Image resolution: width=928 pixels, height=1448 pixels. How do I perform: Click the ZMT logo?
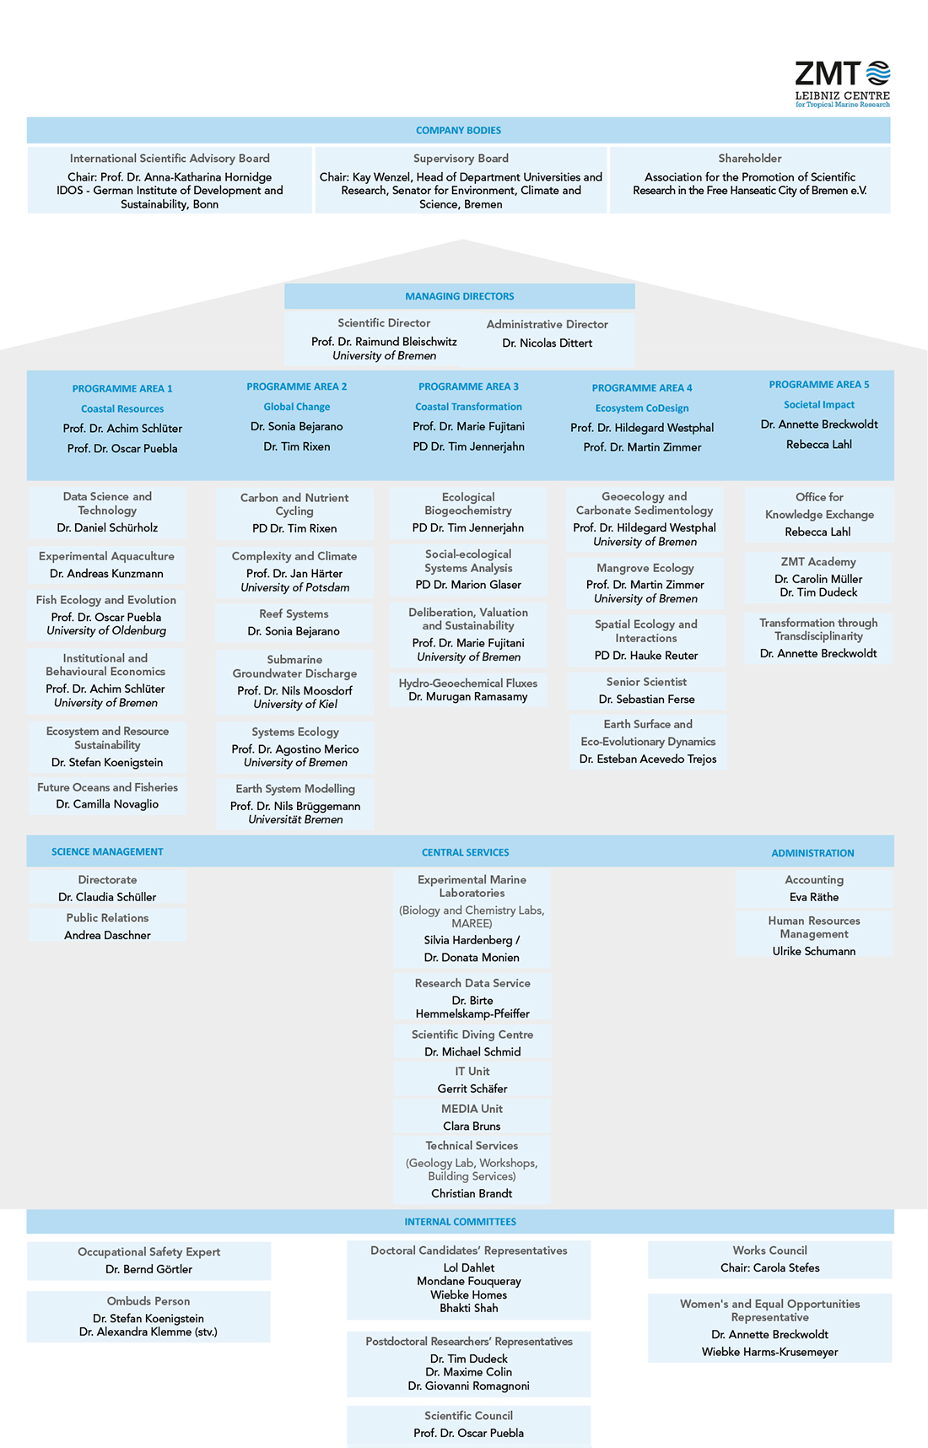click(842, 83)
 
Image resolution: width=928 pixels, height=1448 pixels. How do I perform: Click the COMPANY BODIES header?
click(458, 131)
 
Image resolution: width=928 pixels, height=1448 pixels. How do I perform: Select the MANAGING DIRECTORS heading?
click(459, 296)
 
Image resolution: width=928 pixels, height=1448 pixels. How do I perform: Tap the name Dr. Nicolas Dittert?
click(547, 343)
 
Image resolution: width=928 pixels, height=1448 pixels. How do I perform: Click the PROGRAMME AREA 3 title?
click(468, 386)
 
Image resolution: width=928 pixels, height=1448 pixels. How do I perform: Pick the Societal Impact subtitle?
click(818, 405)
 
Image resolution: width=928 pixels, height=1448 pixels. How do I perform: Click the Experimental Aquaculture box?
click(107, 565)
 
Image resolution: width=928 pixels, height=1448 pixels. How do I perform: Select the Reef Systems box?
click(294, 623)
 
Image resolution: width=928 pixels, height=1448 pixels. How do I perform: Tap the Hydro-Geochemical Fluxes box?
click(467, 689)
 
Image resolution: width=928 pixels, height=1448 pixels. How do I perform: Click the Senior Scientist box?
click(646, 690)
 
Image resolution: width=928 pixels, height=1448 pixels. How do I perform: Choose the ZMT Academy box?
click(817, 576)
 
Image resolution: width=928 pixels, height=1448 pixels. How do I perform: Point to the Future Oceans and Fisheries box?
click(107, 796)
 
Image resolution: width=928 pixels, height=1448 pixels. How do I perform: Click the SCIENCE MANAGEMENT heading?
click(107, 851)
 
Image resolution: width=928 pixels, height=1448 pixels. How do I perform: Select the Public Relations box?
click(107, 926)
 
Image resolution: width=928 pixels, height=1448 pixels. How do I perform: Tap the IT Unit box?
click(472, 1079)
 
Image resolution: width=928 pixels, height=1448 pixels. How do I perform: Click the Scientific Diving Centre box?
click(472, 1043)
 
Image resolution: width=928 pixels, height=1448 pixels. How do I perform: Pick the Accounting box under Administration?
click(813, 888)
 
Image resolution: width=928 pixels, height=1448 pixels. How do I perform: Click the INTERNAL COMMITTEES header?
click(460, 1222)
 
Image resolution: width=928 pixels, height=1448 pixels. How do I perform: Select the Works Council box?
click(769, 1259)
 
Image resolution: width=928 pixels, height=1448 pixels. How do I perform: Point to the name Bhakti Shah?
click(468, 1308)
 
